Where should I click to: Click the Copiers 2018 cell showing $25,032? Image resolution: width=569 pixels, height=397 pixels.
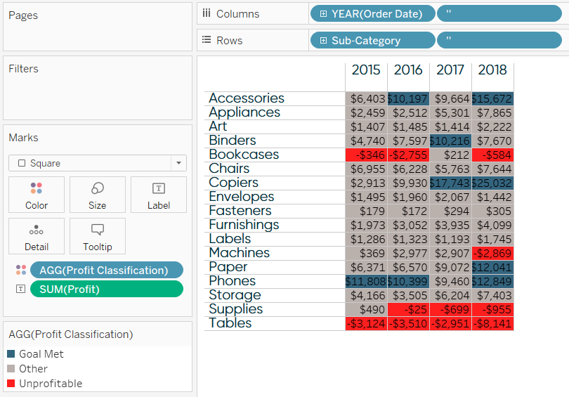tap(492, 183)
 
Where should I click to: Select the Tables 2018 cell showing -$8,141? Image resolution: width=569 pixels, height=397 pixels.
tap(492, 323)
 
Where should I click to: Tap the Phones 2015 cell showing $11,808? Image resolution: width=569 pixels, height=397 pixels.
tap(366, 281)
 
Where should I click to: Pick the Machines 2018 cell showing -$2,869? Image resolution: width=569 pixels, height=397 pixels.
tap(492, 253)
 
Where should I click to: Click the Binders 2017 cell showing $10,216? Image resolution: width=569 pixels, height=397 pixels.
tap(450, 141)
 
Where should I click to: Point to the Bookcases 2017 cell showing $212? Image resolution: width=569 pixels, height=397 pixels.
tap(450, 155)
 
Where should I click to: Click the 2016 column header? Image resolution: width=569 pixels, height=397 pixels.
tap(408, 70)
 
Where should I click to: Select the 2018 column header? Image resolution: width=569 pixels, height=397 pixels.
tap(492, 70)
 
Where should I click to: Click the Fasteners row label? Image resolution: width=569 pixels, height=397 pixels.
tap(240, 211)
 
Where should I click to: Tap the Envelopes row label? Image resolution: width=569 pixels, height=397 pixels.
tap(241, 197)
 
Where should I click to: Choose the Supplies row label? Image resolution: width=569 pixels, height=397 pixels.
tap(235, 309)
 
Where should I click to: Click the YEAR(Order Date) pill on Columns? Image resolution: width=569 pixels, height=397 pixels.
tap(372, 14)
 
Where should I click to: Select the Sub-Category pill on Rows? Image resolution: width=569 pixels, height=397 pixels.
tap(372, 41)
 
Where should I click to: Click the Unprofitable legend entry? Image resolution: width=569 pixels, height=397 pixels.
tap(50, 384)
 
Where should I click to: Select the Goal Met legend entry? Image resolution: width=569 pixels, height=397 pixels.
tap(41, 354)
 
